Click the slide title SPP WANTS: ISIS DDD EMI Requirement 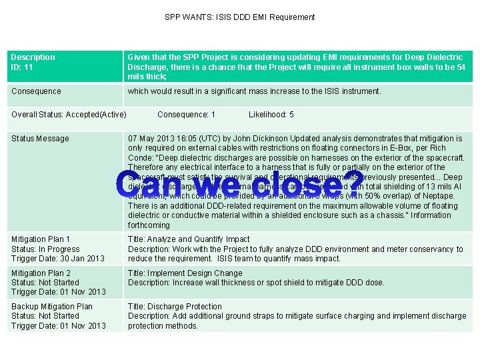click(x=240, y=17)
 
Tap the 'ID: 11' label click(x=23, y=67)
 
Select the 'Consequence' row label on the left click(x=36, y=91)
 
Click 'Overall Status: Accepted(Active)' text click(x=69, y=115)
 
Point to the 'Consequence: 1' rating click(x=186, y=115)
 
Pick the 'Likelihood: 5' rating click(x=271, y=115)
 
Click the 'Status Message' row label click(x=40, y=139)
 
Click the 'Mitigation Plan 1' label click(x=41, y=239)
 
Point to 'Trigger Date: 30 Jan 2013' click(x=58, y=259)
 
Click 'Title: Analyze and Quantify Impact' click(x=189, y=239)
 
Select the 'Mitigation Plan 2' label click(x=41, y=273)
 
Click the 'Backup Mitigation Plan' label click(x=52, y=307)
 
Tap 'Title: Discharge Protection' click(x=175, y=307)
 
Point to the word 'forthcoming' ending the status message click(x=149, y=225)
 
